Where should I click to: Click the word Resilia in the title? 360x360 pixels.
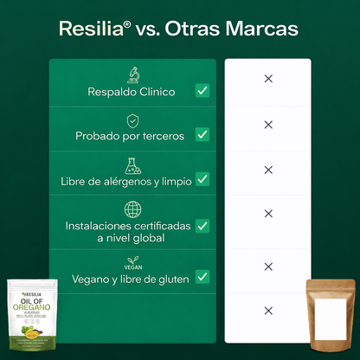(x=90, y=29)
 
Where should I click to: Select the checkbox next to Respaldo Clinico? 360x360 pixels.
(x=202, y=90)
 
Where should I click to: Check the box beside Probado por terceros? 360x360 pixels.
(x=202, y=134)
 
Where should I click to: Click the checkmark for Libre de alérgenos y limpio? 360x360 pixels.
(x=202, y=179)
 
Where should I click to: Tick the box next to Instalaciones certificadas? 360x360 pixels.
(x=202, y=225)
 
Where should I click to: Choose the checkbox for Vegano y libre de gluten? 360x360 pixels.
(x=202, y=277)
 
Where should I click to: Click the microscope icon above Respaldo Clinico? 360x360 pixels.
(x=132, y=74)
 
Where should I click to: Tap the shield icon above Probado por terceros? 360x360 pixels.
(x=132, y=119)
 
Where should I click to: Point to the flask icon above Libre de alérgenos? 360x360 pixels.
(x=132, y=164)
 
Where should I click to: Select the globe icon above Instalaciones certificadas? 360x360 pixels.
(x=132, y=209)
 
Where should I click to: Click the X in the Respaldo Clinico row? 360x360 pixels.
(x=268, y=79)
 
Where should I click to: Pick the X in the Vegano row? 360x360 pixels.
(x=268, y=267)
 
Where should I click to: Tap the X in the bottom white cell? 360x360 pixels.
(x=268, y=312)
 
